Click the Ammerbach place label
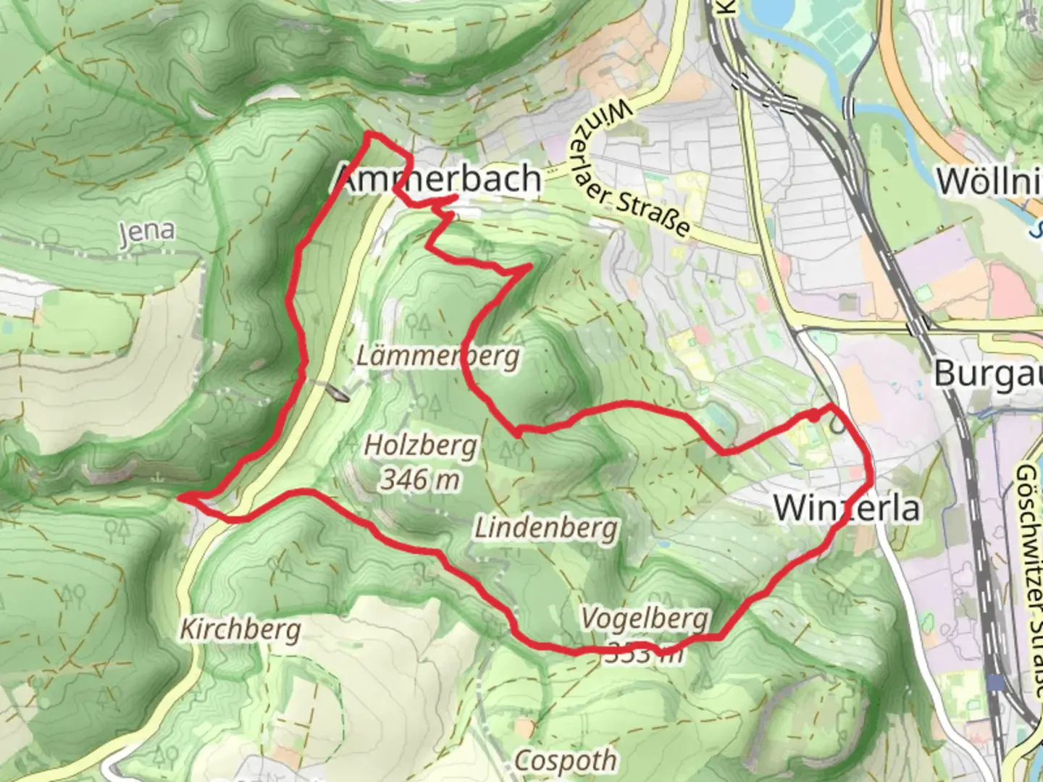tap(439, 179)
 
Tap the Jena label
tap(147, 232)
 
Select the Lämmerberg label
tap(438, 356)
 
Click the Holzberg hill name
tap(420, 445)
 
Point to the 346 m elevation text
tap(420, 479)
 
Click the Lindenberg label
tap(546, 528)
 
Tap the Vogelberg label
tap(645, 618)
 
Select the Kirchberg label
tap(240, 629)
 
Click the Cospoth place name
tap(566, 760)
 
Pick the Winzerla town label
tap(847, 508)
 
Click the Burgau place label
tap(987, 374)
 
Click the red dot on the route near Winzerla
tap(814, 415)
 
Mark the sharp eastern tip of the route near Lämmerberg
tap(531, 267)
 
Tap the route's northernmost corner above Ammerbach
tap(368, 135)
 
